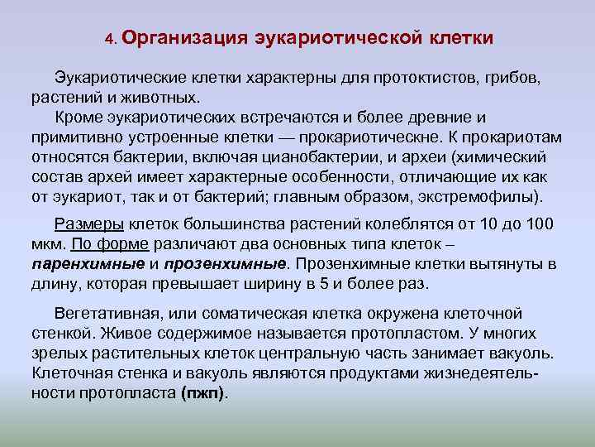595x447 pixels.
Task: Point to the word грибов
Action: [x=512, y=78]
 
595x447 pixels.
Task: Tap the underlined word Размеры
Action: [x=89, y=225]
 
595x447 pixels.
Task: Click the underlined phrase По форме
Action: [x=110, y=245]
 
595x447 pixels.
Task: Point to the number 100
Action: [x=538, y=225]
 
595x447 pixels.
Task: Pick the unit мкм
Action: [x=47, y=245]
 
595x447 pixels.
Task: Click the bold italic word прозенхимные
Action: [x=225, y=265]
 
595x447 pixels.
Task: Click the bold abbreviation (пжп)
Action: [x=202, y=392]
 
